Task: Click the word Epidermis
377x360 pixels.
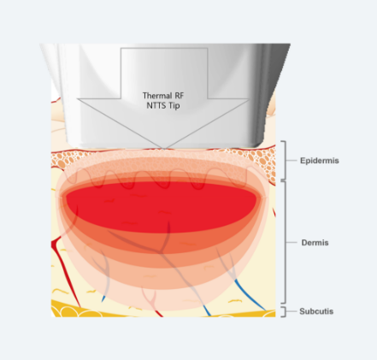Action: click(320, 161)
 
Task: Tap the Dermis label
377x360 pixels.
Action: click(315, 243)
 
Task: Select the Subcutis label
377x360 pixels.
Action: click(316, 311)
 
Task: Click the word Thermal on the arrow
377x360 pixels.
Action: click(154, 96)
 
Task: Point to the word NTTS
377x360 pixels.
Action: click(156, 105)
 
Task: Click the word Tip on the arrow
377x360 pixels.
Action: click(174, 106)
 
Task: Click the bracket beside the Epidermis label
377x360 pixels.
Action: click(286, 161)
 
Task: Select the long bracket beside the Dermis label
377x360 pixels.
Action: click(286, 242)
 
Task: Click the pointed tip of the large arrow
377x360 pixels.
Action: click(163, 149)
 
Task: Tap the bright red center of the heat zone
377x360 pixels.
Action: click(162, 207)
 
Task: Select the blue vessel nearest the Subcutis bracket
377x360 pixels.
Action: click(250, 296)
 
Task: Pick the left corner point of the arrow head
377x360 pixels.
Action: click(77, 99)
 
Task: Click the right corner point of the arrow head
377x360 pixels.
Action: click(249, 99)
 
